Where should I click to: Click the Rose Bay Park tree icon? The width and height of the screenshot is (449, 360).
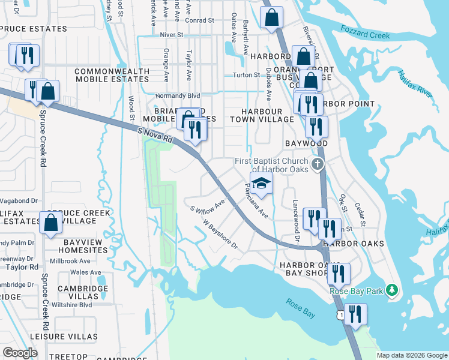391,291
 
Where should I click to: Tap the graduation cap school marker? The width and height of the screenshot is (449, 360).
261,183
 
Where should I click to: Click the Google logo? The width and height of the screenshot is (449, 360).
20,352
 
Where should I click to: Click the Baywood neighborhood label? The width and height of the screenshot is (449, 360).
306,144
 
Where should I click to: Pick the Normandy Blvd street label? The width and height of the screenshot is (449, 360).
177,95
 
